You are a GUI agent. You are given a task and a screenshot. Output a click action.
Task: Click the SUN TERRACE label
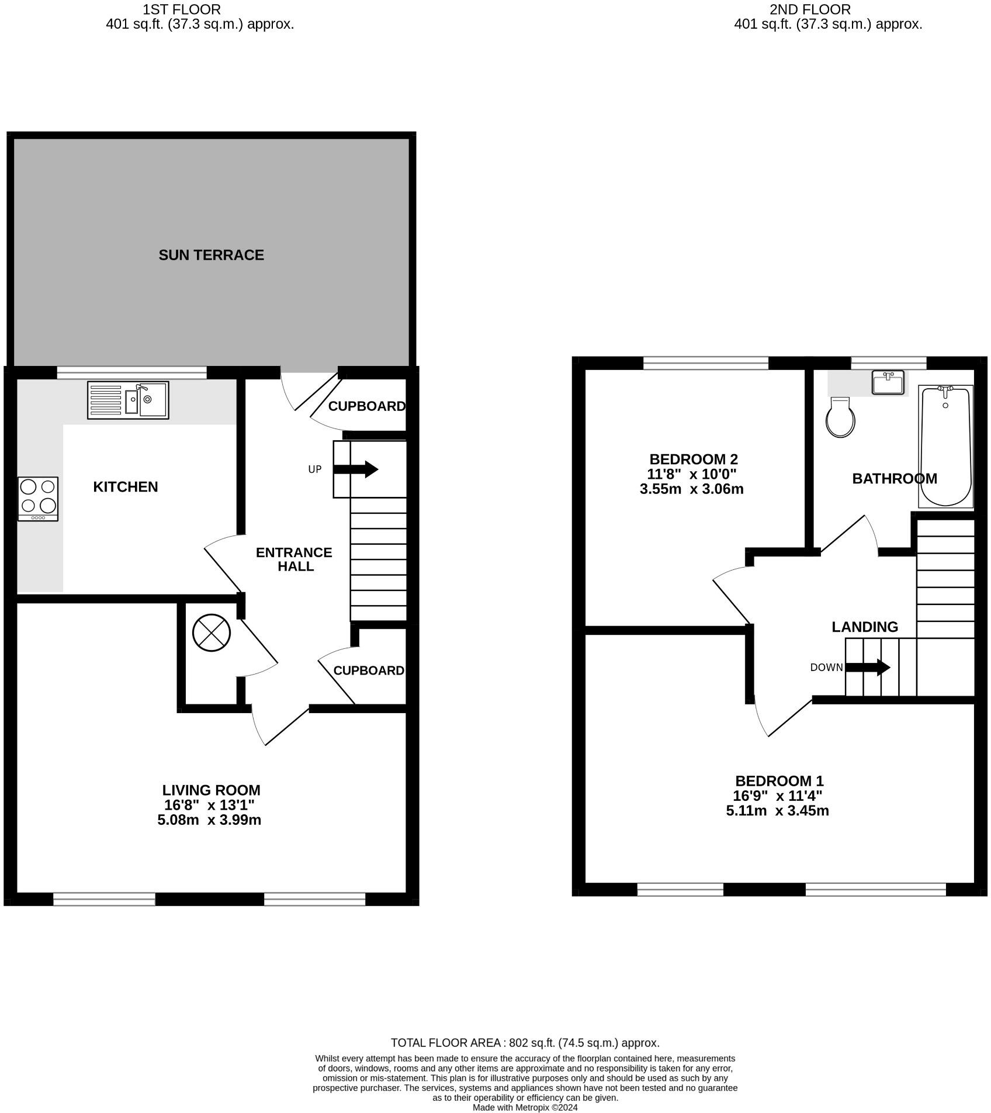(x=211, y=255)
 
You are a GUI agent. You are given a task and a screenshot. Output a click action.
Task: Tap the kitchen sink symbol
(x=128, y=400)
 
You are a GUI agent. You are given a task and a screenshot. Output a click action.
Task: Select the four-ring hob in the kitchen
(x=38, y=499)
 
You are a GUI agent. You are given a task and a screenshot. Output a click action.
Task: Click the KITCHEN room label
(x=125, y=487)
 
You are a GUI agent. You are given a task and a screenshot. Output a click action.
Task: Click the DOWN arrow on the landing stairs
(x=868, y=667)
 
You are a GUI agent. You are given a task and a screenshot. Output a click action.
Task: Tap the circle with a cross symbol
(x=212, y=632)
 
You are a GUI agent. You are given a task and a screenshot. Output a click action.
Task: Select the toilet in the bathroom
(x=841, y=417)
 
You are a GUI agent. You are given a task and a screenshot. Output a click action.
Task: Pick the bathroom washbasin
(x=888, y=382)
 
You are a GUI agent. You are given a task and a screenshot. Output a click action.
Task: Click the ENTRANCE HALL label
(x=294, y=559)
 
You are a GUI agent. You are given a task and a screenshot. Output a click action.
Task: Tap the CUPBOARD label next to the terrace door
(x=366, y=406)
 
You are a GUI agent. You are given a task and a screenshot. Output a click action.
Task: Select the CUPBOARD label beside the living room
(x=369, y=670)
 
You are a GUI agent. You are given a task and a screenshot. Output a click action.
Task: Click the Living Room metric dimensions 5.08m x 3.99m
(x=209, y=820)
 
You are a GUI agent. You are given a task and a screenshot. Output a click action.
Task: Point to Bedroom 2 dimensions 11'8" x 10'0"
(x=691, y=474)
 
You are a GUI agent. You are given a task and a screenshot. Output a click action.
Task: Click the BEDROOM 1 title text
(x=779, y=780)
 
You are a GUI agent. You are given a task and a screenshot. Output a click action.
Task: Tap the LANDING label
(x=865, y=627)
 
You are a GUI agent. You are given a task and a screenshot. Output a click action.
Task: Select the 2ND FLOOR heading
(x=810, y=9)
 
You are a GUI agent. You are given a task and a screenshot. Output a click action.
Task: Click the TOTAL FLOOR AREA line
(x=525, y=1042)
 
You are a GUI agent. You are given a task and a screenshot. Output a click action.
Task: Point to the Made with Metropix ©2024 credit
(x=525, y=1107)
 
